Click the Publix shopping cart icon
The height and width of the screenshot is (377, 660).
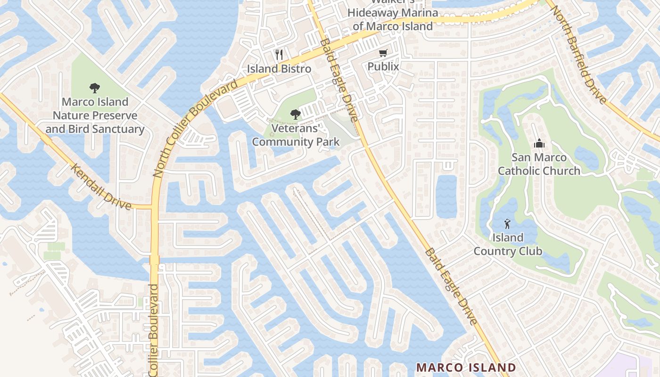click(383, 53)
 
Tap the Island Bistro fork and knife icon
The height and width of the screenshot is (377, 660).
click(279, 55)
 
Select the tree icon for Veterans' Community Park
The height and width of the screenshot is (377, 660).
click(296, 114)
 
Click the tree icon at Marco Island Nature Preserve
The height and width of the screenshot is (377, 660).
click(95, 88)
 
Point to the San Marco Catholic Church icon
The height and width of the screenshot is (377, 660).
click(539, 143)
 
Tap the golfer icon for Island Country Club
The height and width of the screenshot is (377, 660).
click(507, 223)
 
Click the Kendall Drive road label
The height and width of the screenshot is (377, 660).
click(101, 186)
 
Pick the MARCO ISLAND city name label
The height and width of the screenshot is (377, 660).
click(466, 367)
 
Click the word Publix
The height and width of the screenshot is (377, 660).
click(383, 66)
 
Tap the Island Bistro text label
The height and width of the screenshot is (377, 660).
click(279, 69)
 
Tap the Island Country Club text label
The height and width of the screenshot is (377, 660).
click(508, 244)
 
